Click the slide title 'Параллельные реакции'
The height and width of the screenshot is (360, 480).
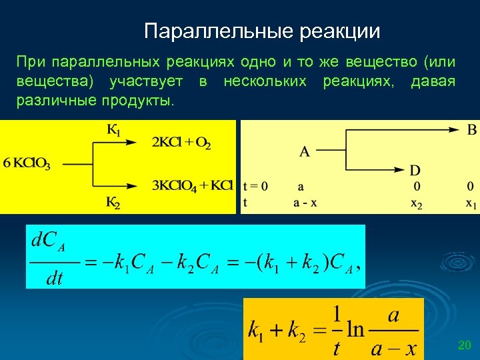coord(262,31)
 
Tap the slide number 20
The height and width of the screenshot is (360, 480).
coord(465,345)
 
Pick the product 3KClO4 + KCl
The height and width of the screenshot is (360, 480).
coord(192,185)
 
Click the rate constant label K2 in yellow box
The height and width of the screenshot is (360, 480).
coord(113,203)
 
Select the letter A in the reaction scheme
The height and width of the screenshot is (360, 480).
coord(304,152)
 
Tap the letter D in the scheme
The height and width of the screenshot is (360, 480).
coord(415,171)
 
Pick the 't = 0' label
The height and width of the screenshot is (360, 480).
coord(255,187)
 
